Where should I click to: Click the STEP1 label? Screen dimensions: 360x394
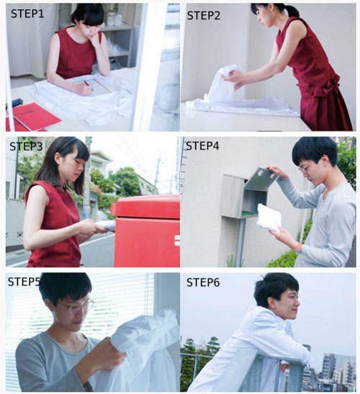pyautogui.click(x=27, y=14)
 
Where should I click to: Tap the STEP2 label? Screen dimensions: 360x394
pyautogui.click(x=204, y=16)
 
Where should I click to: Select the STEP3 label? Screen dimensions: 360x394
pyautogui.click(x=26, y=146)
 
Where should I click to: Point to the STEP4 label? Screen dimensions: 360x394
pyautogui.click(x=202, y=145)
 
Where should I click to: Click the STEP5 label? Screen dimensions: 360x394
pyautogui.click(x=24, y=282)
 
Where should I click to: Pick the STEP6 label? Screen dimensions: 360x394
pyautogui.click(x=203, y=282)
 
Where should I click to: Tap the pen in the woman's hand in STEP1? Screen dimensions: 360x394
pyautogui.click(x=88, y=84)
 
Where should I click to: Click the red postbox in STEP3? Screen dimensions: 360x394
pyautogui.click(x=147, y=230)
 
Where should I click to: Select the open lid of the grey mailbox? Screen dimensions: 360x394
pyautogui.click(x=261, y=178)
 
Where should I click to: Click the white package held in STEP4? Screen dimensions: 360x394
pyautogui.click(x=269, y=218)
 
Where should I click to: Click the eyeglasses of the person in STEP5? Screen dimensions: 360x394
pyautogui.click(x=78, y=306)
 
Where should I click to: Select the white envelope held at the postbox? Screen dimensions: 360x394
pyautogui.click(x=106, y=225)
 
